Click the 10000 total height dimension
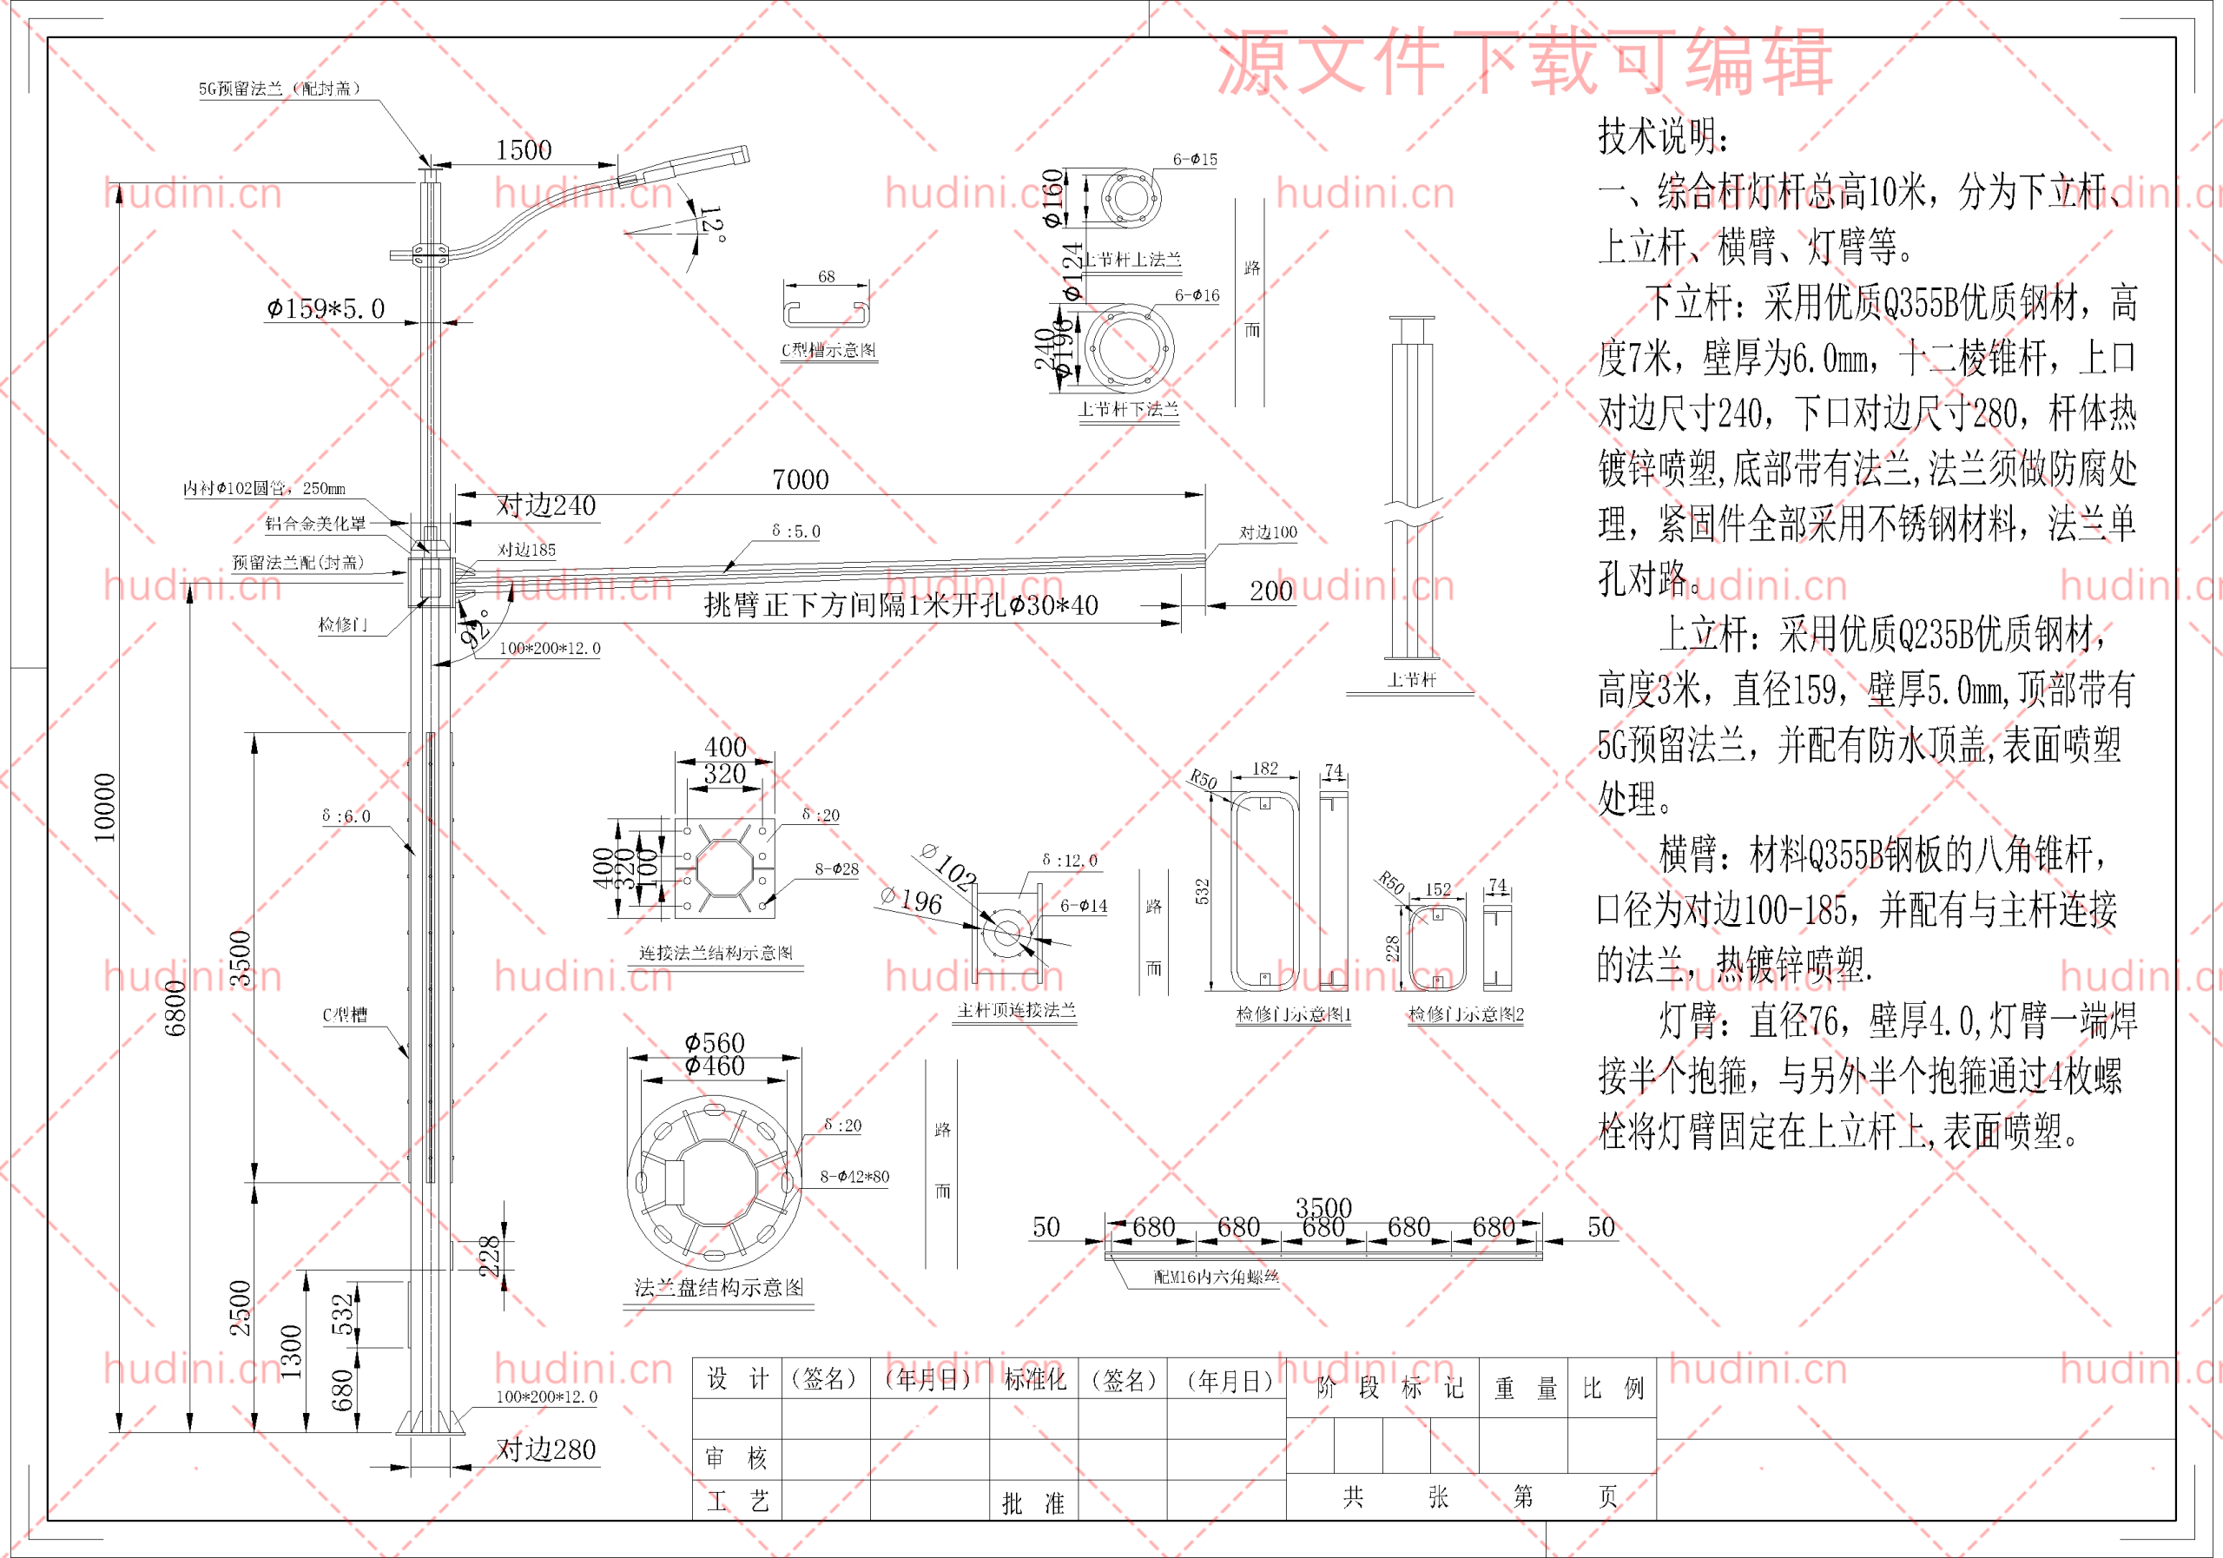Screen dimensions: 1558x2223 click(104, 807)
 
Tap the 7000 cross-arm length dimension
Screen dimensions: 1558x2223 click(800, 479)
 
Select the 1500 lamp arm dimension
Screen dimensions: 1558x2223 click(523, 150)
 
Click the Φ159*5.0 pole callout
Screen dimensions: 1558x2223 click(327, 309)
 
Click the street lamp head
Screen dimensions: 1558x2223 click(683, 165)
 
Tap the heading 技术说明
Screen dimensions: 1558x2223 click(1661, 136)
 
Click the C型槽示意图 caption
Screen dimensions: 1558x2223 click(828, 351)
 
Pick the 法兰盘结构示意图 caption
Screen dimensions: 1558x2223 click(718, 1287)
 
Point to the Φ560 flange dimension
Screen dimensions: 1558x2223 click(715, 1042)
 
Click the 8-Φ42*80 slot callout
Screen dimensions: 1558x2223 click(854, 1177)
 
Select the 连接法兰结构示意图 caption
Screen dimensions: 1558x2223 click(716, 953)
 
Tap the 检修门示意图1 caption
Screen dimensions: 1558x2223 click(1294, 1013)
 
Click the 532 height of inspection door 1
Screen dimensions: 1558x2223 click(1202, 891)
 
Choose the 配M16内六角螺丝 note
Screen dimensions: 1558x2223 click(1216, 1277)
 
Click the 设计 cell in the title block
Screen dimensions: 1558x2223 click(737, 1379)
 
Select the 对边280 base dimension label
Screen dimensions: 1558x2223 click(546, 1449)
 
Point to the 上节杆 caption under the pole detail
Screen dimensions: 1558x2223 click(1412, 680)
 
